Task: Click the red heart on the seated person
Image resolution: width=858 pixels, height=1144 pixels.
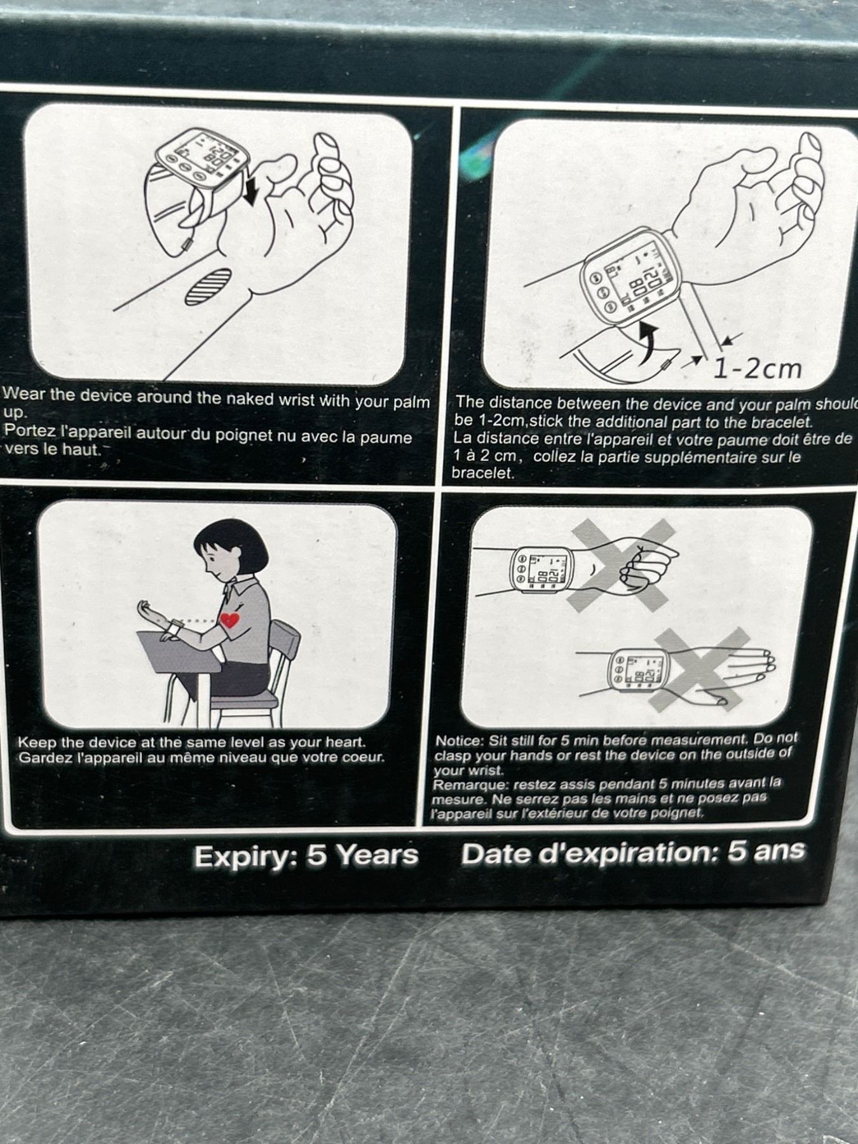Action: (229, 620)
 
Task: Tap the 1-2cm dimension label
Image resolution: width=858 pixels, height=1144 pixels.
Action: (758, 368)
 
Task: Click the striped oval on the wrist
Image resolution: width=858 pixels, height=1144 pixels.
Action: (208, 287)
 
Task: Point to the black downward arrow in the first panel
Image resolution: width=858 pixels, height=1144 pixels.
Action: (251, 189)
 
